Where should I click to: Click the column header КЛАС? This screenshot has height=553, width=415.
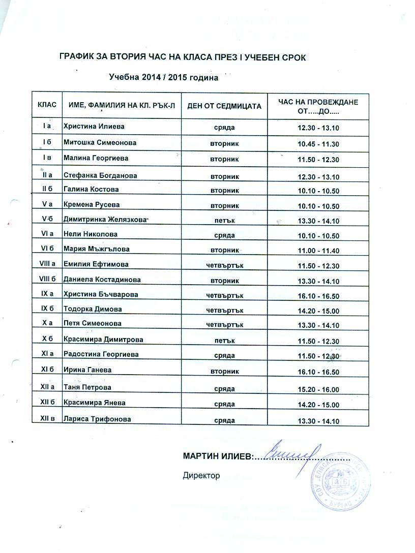coord(47,106)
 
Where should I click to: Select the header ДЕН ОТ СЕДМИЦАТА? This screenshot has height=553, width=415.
coord(224,106)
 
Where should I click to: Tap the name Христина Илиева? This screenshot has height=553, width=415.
coord(94,126)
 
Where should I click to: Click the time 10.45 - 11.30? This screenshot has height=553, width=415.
coord(318,144)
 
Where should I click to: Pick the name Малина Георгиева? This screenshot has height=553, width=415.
coord(96,159)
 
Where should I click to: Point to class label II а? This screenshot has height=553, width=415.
coord(47,175)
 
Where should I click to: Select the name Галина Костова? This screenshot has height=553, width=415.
coord(91,190)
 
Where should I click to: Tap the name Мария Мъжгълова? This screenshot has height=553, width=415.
coord(96,249)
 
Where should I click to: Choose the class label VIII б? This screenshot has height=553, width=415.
coord(47,279)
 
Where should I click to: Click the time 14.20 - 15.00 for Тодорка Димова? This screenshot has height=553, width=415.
coord(318,310)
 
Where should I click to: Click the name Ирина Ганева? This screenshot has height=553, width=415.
coord(87,370)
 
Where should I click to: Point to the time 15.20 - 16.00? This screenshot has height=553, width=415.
coord(318,390)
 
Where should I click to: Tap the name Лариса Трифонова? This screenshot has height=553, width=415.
coord(97,419)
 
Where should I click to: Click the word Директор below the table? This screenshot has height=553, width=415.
coord(201,476)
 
